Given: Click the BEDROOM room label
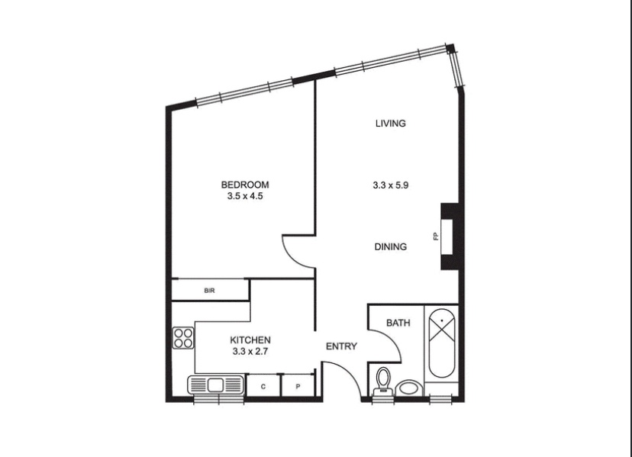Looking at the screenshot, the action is (x=245, y=185).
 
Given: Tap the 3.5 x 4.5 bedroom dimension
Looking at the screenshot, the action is (x=245, y=196).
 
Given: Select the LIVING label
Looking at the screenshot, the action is (x=391, y=124).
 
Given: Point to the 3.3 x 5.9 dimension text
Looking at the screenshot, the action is (x=391, y=185).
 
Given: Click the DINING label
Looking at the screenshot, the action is (x=391, y=246).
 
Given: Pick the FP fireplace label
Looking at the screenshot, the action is (x=435, y=237).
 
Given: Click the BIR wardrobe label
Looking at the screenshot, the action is (x=210, y=291).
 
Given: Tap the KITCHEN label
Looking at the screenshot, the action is (x=250, y=340).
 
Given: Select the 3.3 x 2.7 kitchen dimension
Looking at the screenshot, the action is (x=250, y=352).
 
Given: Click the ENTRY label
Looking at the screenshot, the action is (x=341, y=346).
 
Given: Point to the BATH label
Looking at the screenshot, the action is (x=398, y=323).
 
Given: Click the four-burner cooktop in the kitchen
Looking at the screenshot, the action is (x=183, y=338).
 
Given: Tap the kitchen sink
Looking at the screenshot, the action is (x=216, y=385).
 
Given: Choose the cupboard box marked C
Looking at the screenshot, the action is (x=263, y=386).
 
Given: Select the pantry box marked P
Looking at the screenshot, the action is (x=298, y=386).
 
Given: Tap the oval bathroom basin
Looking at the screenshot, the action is (x=408, y=388).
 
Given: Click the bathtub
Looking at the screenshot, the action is (x=442, y=343).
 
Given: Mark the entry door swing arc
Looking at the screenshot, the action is (x=349, y=372).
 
